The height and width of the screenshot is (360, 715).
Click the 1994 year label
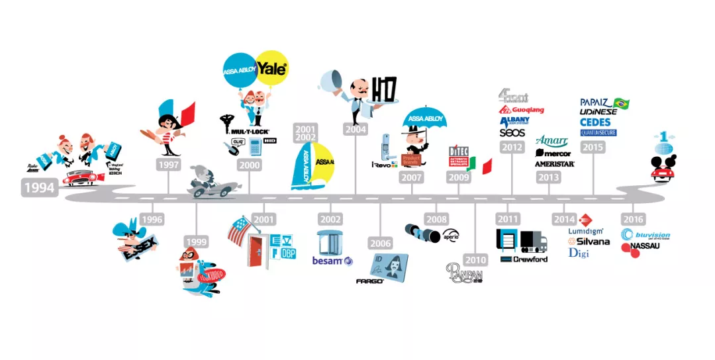[39, 187]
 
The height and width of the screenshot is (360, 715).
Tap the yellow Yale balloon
[272, 69]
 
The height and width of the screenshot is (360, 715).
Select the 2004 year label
[356, 130]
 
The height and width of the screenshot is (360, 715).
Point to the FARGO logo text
[370, 281]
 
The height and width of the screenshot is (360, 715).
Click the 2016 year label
[633, 219]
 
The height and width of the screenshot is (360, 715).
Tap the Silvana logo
[589, 242]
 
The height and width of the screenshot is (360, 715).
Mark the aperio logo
[451, 236]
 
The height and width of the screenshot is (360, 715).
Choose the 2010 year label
[475, 259]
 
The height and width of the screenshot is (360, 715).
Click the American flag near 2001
[238, 230]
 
